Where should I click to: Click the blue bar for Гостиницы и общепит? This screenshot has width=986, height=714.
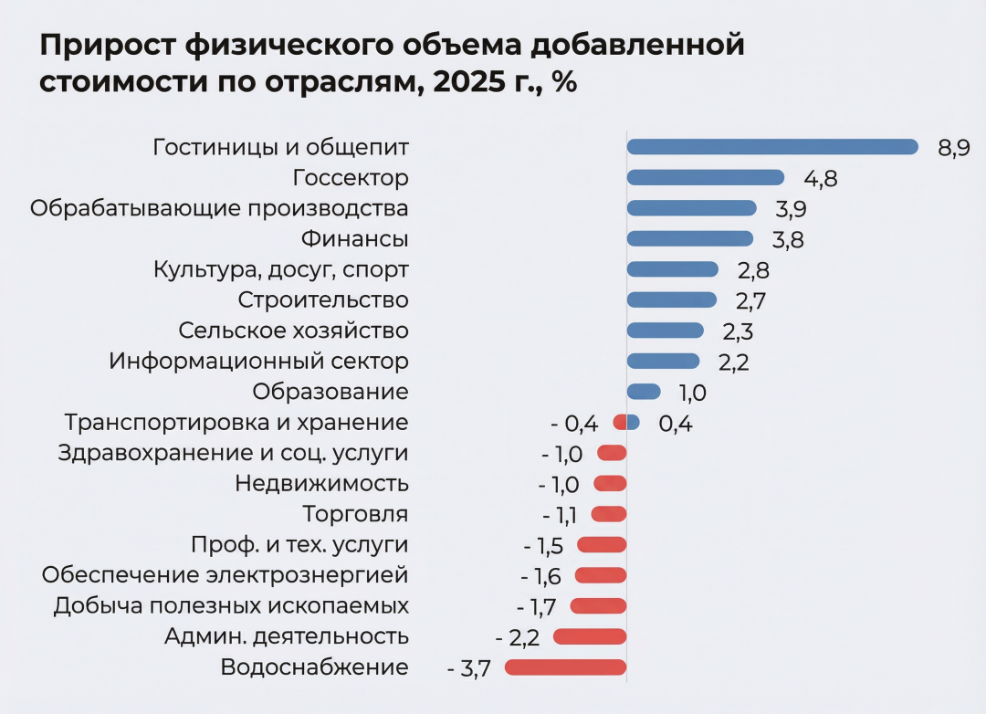click(x=771, y=147)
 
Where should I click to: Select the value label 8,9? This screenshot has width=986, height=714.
click(x=953, y=148)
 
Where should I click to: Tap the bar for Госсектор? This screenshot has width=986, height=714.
click(x=705, y=177)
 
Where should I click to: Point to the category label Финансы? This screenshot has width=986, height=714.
click(x=354, y=239)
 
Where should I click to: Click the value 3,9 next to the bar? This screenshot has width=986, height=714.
click(x=791, y=209)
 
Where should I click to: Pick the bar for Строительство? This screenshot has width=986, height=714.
click(x=672, y=299)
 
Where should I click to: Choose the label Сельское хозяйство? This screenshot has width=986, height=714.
click(x=293, y=331)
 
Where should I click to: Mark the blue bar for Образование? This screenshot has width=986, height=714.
click(x=643, y=392)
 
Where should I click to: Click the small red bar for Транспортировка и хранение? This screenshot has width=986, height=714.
click(x=620, y=423)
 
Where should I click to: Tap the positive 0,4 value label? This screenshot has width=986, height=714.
click(x=675, y=424)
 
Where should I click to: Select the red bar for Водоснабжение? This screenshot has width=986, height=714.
click(x=565, y=667)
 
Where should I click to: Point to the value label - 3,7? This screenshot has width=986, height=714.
click(x=469, y=668)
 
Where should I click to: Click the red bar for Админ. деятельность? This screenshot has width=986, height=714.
click(x=590, y=636)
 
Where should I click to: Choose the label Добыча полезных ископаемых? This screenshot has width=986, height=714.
click(x=231, y=605)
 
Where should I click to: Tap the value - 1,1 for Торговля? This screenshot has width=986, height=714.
click(x=560, y=515)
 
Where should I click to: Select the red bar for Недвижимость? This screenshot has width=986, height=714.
click(x=610, y=484)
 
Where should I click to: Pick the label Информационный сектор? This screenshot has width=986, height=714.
click(x=258, y=362)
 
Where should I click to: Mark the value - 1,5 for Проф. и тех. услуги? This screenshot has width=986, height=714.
click(x=543, y=546)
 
